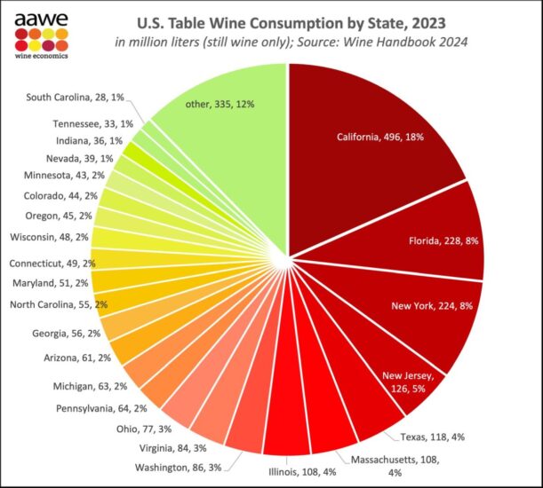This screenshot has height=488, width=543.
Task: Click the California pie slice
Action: click(x=373, y=151)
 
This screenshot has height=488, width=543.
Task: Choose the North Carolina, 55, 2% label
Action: click(x=58, y=304)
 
